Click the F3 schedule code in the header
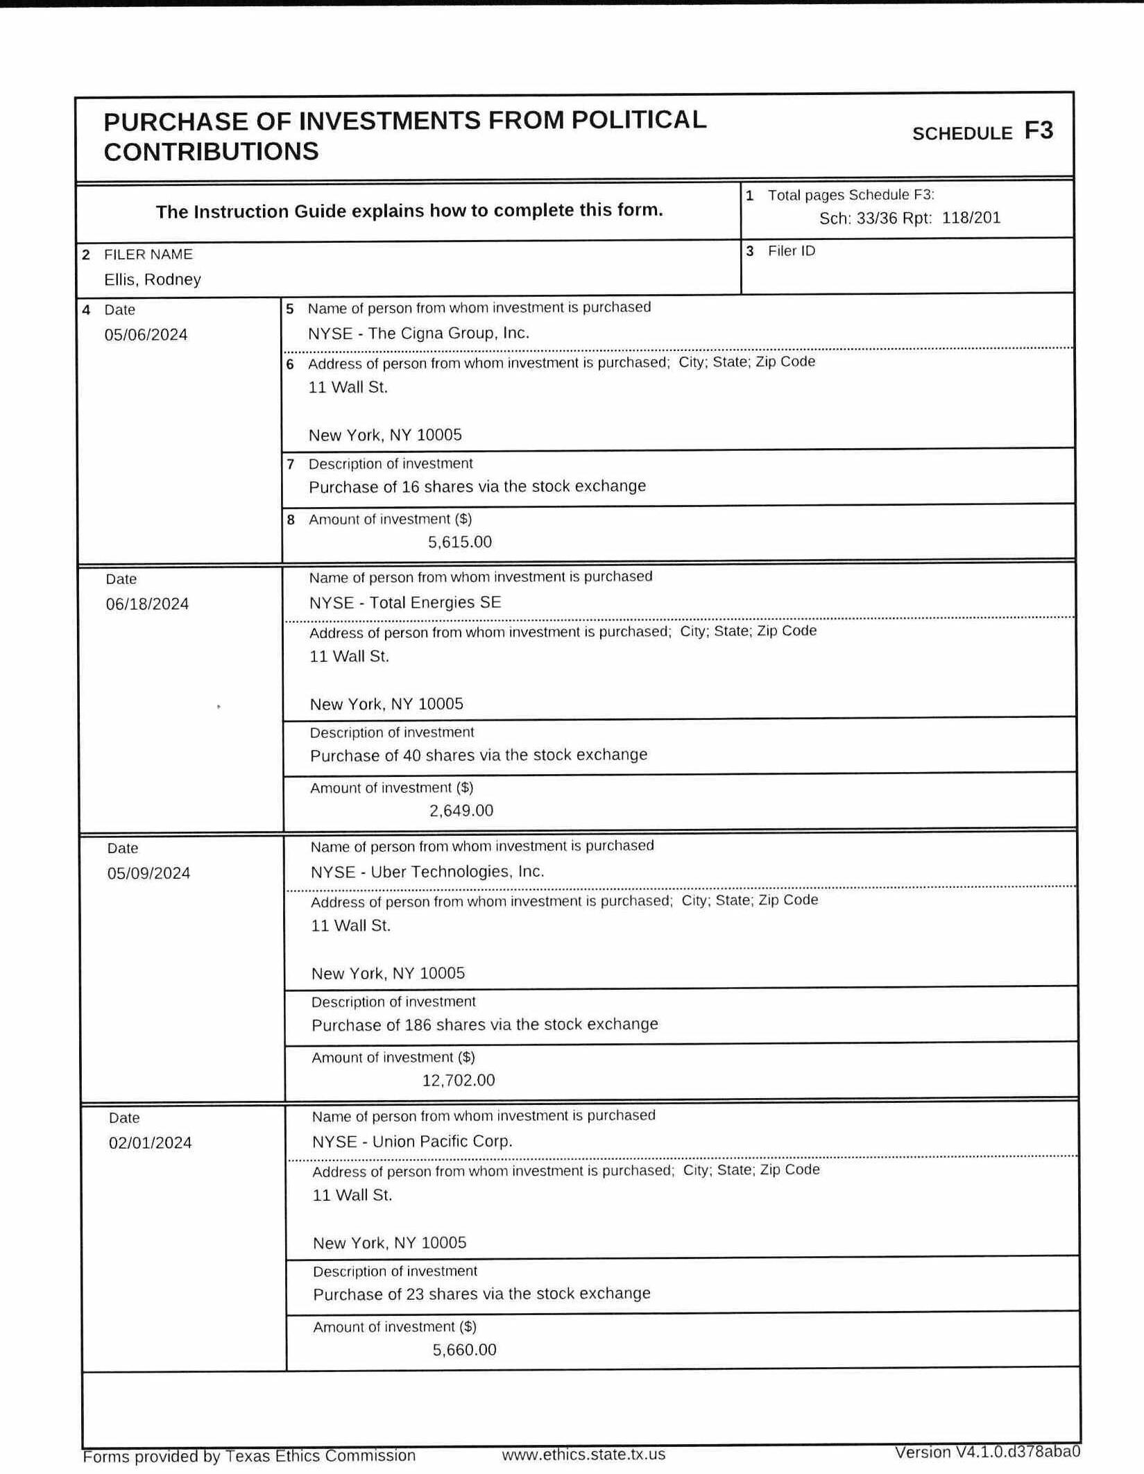(x=1038, y=130)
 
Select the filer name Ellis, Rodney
(x=153, y=280)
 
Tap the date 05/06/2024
(x=146, y=335)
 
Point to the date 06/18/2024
(x=147, y=604)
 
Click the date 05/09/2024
(x=148, y=873)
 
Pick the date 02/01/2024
(x=150, y=1142)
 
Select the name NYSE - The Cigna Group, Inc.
(x=418, y=333)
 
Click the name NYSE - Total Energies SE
(x=405, y=602)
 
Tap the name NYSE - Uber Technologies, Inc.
(x=427, y=872)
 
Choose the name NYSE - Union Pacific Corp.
(x=412, y=1141)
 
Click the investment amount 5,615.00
(x=459, y=542)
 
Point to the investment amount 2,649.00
(x=461, y=810)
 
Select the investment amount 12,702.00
(x=459, y=1080)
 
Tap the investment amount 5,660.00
(x=464, y=1349)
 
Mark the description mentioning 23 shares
(x=481, y=1294)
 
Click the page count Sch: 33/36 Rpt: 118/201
(x=910, y=218)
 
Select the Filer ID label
(x=791, y=251)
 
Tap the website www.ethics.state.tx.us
(x=583, y=1455)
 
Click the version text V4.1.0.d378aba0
(x=987, y=1452)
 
